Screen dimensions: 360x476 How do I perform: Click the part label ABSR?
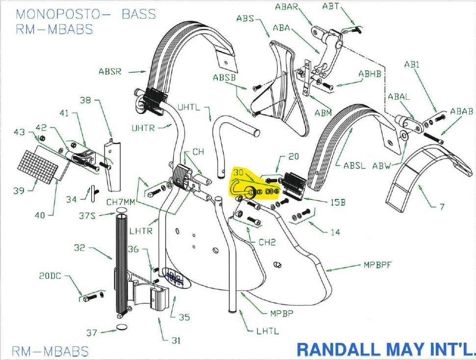point(110,72)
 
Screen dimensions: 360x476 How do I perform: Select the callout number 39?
point(19,190)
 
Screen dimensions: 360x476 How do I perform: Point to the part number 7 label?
point(442,207)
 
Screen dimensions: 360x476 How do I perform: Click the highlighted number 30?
point(238,173)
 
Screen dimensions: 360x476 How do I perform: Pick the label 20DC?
point(50,276)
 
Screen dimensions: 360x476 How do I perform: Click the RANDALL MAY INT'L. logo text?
point(386,349)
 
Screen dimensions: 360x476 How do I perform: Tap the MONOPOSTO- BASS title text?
point(86,14)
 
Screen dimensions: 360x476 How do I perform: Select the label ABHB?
point(370,75)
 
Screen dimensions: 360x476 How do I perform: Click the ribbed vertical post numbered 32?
point(122,265)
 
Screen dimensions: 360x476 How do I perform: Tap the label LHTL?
point(267,331)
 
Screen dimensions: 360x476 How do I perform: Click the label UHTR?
point(143,129)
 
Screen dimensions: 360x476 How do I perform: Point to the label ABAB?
point(461,111)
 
